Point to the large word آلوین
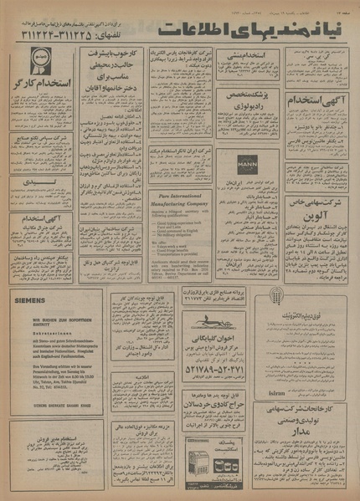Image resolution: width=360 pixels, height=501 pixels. pyautogui.click(x=316, y=215)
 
